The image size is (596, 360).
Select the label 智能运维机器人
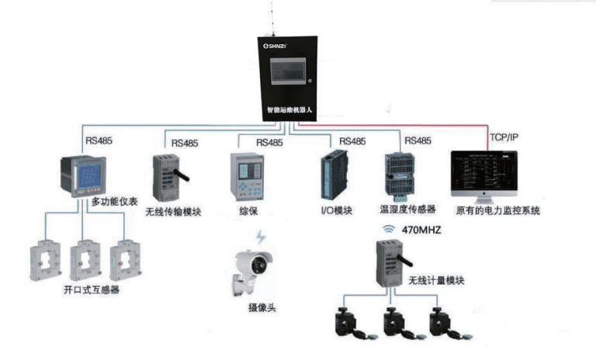click(288, 110)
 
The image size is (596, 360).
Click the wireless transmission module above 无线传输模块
click(172, 177)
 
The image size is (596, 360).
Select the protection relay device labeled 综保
click(247, 176)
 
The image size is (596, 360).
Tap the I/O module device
click(332, 176)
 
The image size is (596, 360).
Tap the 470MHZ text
click(420, 230)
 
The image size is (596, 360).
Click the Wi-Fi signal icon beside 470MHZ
click(389, 230)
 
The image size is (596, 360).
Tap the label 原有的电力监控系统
click(497, 210)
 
